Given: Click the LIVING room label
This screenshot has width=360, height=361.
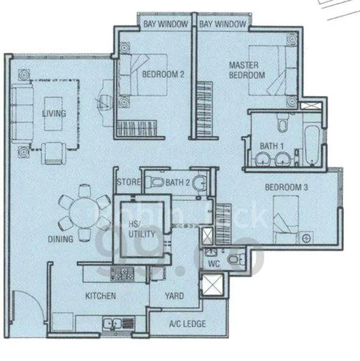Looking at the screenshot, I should click(x=54, y=113).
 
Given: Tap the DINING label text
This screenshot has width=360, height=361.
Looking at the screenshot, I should click(x=61, y=239).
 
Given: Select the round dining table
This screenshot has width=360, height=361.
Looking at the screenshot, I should click(x=84, y=212).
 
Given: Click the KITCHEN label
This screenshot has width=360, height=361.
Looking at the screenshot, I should click(x=100, y=296).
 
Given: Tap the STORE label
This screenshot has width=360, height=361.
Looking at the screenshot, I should click(x=129, y=182).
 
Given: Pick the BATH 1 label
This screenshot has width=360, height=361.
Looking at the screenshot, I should click(x=271, y=146).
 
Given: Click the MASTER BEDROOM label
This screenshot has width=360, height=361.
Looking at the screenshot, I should click(x=247, y=70).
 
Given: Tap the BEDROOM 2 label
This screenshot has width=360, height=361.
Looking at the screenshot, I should click(x=163, y=75).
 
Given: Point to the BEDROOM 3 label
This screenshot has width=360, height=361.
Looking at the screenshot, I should click(x=287, y=188).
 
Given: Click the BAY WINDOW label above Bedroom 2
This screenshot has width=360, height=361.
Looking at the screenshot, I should click(x=166, y=24).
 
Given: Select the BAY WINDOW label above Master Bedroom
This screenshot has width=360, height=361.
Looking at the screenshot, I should click(x=223, y=24).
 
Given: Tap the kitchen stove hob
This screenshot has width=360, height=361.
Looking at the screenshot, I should click(x=122, y=274).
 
